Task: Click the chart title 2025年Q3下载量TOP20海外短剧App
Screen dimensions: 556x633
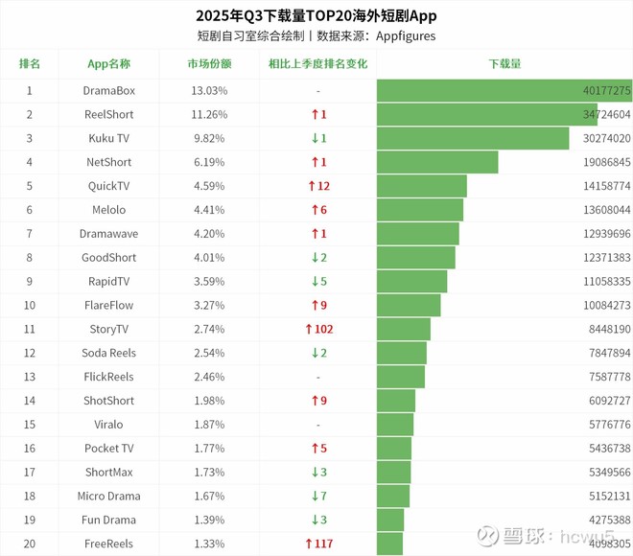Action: pyautogui.click(x=316, y=15)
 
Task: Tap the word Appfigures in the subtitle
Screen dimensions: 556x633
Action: pyautogui.click(x=405, y=36)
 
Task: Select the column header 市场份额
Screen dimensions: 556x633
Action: pyautogui.click(x=209, y=64)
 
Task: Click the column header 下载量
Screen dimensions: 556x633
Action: pyautogui.click(x=504, y=64)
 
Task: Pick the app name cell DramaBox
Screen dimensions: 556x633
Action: pyautogui.click(x=109, y=90)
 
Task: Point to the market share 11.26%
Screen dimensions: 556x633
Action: pyautogui.click(x=209, y=114)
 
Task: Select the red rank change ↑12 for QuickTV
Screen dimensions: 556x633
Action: pyautogui.click(x=318, y=186)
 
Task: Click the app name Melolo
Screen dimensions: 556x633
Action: pyautogui.click(x=109, y=210)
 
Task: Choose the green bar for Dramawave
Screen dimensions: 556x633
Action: pyautogui.click(x=418, y=234)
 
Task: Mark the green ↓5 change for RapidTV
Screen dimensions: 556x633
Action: pyautogui.click(x=318, y=282)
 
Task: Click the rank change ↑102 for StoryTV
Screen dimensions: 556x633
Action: pyautogui.click(x=318, y=330)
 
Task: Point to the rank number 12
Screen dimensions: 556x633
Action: pyautogui.click(x=30, y=353)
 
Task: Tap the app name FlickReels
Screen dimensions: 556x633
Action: pyautogui.click(x=109, y=377)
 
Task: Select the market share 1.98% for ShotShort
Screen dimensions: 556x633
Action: pyautogui.click(x=209, y=401)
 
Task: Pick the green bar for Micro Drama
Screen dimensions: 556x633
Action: pyautogui.click(x=393, y=497)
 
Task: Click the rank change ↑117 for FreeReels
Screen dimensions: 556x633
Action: pyautogui.click(x=318, y=544)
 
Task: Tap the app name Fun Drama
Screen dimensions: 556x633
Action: pyautogui.click(x=109, y=520)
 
